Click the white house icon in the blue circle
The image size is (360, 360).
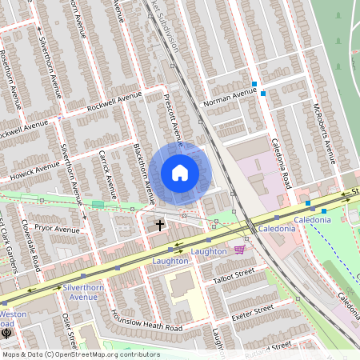[180, 173]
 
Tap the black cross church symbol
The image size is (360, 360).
[159, 225]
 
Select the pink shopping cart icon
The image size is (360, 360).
[239, 250]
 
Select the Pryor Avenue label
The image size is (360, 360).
[58, 229]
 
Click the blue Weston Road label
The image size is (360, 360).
[13, 318]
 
